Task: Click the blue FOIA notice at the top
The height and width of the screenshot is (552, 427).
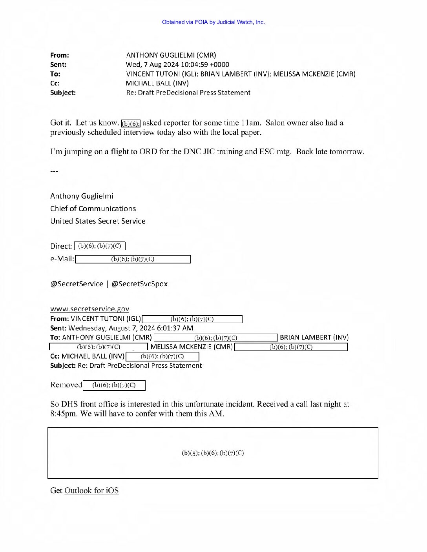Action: point(213,22)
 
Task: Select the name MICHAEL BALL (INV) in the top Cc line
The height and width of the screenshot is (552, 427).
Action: point(157,84)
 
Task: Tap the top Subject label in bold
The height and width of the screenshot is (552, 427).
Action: point(63,93)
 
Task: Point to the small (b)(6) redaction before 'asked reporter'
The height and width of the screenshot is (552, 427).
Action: point(131,123)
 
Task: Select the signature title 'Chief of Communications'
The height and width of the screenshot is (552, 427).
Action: point(93,209)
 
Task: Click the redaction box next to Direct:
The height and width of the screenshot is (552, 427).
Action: point(100,246)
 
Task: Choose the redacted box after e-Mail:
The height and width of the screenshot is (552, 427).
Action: point(133,259)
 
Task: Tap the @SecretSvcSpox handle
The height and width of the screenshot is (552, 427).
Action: point(139,284)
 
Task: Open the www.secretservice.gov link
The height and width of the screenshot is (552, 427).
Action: point(89,309)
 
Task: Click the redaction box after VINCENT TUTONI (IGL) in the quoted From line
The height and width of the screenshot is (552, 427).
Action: point(192,319)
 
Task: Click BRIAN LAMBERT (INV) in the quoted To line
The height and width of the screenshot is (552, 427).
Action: point(314,338)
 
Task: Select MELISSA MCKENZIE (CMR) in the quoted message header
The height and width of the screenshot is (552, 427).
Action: point(192,347)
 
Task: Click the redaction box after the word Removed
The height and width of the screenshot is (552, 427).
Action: point(114,385)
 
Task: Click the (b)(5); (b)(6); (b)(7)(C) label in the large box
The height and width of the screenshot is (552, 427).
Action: point(213,453)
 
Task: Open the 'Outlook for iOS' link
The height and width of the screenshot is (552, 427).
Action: point(91,491)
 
